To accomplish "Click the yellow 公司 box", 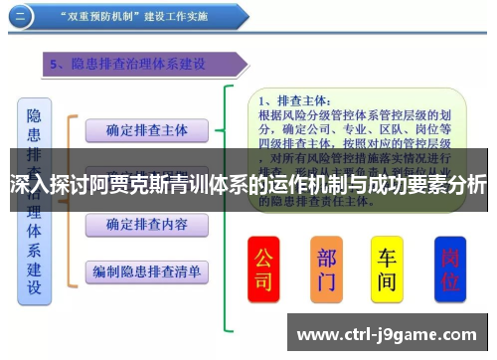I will tap(262, 270).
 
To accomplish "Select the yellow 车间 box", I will tap(387, 270).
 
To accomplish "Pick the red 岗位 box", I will tap(451, 270).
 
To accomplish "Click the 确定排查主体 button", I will tap(146, 130).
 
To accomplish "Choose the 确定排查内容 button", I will tap(146, 224).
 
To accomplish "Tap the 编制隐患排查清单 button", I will tap(146, 270).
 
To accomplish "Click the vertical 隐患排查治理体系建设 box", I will tap(35, 199).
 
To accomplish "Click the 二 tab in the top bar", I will tap(20, 17).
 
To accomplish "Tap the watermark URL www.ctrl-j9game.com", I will tap(388, 334).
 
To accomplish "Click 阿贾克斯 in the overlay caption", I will tap(129, 185).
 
